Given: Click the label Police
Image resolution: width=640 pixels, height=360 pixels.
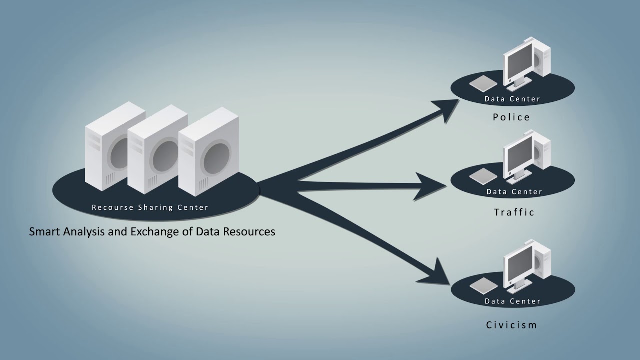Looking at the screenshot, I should (x=511, y=117).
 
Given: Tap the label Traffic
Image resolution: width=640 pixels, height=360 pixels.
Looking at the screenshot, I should (x=514, y=212).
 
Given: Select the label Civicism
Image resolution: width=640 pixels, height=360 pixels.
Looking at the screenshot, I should (x=511, y=325).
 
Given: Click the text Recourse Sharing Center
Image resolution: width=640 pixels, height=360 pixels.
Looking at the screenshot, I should (x=150, y=207).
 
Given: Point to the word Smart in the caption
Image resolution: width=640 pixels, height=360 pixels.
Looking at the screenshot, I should (x=43, y=232).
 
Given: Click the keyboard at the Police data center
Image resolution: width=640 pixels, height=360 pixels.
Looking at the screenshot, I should (x=483, y=82).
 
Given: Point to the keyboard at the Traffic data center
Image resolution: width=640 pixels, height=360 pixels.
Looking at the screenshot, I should (x=483, y=175).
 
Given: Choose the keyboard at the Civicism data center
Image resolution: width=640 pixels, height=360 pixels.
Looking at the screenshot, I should (x=483, y=285).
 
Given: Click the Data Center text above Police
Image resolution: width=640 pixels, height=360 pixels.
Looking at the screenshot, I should (x=512, y=99).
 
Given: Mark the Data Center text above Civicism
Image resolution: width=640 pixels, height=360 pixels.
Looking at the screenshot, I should (x=512, y=301).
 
